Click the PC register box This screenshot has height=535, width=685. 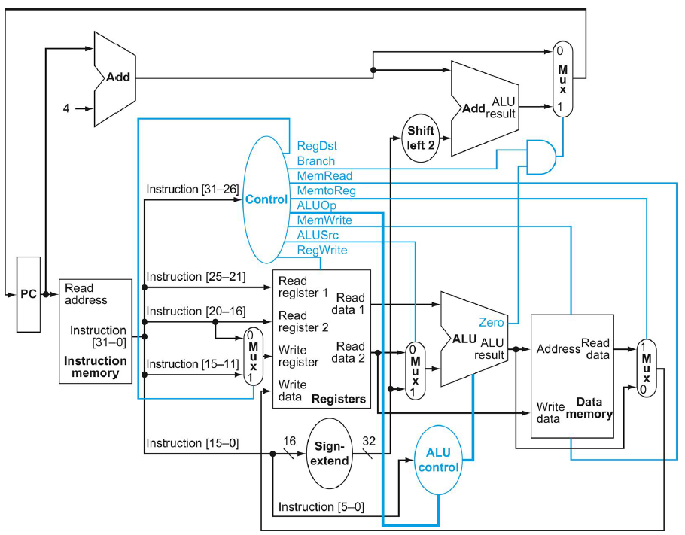click(28, 294)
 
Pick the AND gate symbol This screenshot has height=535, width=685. click(542, 156)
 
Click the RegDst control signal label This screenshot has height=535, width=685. click(316, 146)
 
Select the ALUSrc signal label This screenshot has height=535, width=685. click(318, 235)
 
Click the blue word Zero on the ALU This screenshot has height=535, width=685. click(491, 322)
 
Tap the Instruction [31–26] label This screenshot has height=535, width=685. click(193, 189)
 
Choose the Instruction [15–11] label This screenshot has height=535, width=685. click(193, 363)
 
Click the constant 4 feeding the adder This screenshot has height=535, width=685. click(68, 108)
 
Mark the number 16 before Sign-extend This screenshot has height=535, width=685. click(289, 440)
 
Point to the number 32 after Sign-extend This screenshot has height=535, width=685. click(370, 440)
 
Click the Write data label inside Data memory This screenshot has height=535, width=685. click(549, 412)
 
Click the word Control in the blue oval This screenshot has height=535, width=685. click(266, 199)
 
